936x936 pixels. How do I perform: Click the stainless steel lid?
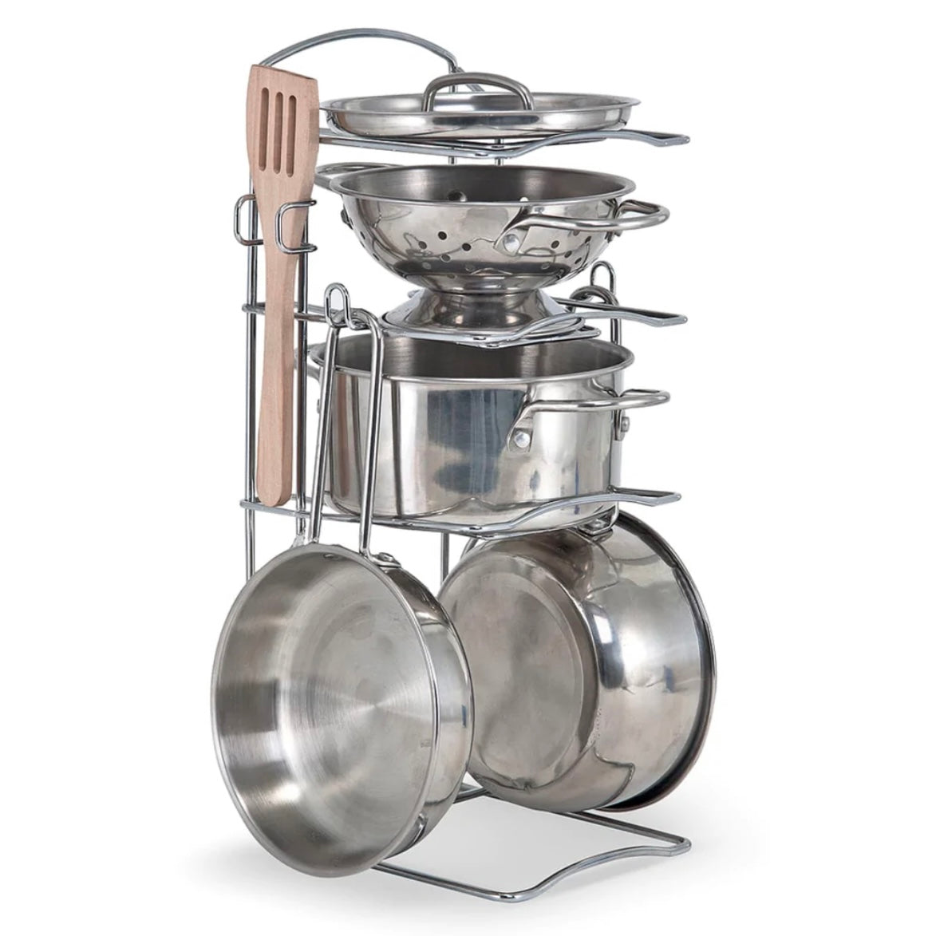(x=479, y=112)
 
